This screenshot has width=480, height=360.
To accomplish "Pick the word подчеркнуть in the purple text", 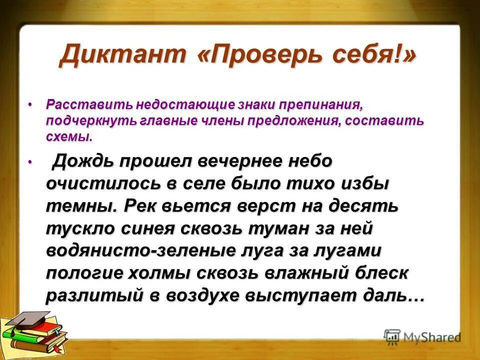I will coord(83,121).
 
